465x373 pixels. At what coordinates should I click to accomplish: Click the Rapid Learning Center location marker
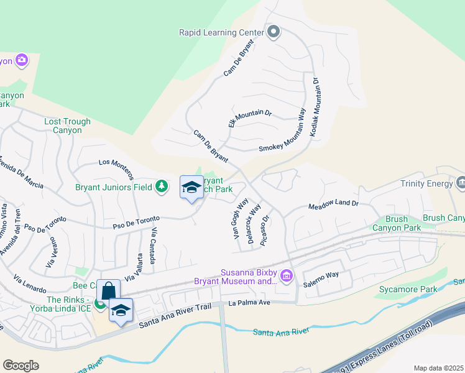(x=274, y=32)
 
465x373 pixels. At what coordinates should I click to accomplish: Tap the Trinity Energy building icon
(x=461, y=183)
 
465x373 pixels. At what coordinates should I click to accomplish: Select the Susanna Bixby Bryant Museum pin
(x=287, y=275)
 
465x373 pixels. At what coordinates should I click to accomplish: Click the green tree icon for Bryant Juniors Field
(x=162, y=186)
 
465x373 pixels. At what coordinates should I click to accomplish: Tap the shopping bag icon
(x=108, y=291)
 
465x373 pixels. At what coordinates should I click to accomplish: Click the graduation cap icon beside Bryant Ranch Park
(x=191, y=187)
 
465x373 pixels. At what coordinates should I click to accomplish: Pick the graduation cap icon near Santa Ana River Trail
(x=121, y=310)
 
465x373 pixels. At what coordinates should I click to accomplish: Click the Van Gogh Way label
(x=241, y=219)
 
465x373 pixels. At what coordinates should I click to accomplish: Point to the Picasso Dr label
(x=266, y=230)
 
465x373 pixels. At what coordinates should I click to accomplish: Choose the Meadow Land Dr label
(x=334, y=204)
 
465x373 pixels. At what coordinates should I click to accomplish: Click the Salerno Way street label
(x=321, y=274)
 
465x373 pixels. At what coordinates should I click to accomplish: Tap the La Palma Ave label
(x=250, y=303)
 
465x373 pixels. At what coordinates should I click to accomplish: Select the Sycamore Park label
(x=405, y=290)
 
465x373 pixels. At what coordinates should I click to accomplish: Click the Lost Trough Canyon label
(x=67, y=126)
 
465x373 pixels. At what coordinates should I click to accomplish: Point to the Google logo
(x=21, y=365)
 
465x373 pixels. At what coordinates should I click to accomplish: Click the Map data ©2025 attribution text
(x=438, y=368)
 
